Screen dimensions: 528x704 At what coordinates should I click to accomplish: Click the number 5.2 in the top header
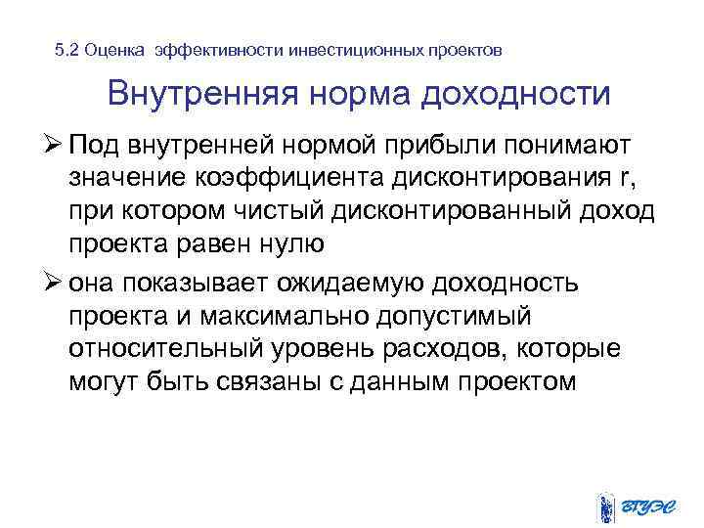point(66,49)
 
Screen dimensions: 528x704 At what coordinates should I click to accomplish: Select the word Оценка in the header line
point(115,49)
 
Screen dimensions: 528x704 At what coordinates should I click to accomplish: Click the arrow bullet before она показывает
point(54,284)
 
